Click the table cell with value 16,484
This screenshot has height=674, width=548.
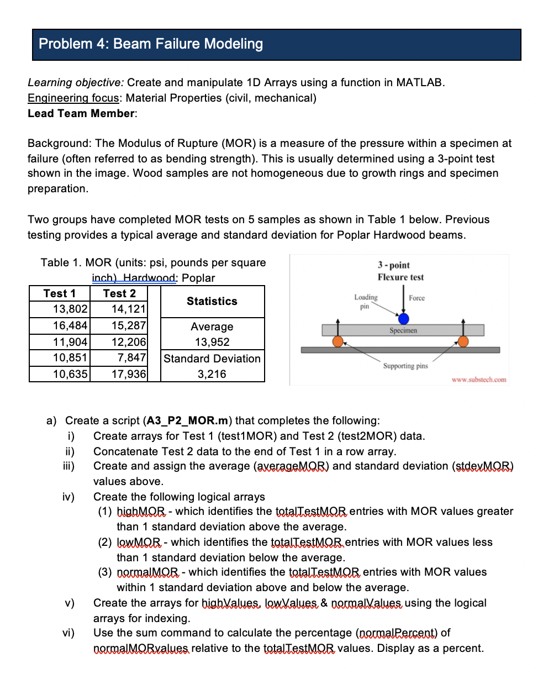[x=70, y=325]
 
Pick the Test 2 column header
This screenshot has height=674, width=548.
[x=119, y=293]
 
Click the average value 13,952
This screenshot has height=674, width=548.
[x=212, y=342]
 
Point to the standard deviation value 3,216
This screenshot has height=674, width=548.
[x=212, y=374]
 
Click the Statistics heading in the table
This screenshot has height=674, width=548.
[x=212, y=301]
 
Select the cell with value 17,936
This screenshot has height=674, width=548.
[x=129, y=374]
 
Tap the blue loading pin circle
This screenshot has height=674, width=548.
[x=404, y=319]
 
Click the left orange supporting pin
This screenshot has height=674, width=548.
[x=338, y=341]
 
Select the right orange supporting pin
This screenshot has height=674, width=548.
[x=464, y=341]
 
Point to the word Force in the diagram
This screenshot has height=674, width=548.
[x=417, y=298]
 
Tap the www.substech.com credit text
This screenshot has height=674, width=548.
[x=478, y=380]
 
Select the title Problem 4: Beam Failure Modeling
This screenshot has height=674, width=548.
[x=151, y=44]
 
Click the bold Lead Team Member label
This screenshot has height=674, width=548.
[x=82, y=113]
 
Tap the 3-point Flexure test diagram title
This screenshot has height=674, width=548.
[x=401, y=271]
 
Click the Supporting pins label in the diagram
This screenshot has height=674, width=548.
[x=405, y=366]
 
